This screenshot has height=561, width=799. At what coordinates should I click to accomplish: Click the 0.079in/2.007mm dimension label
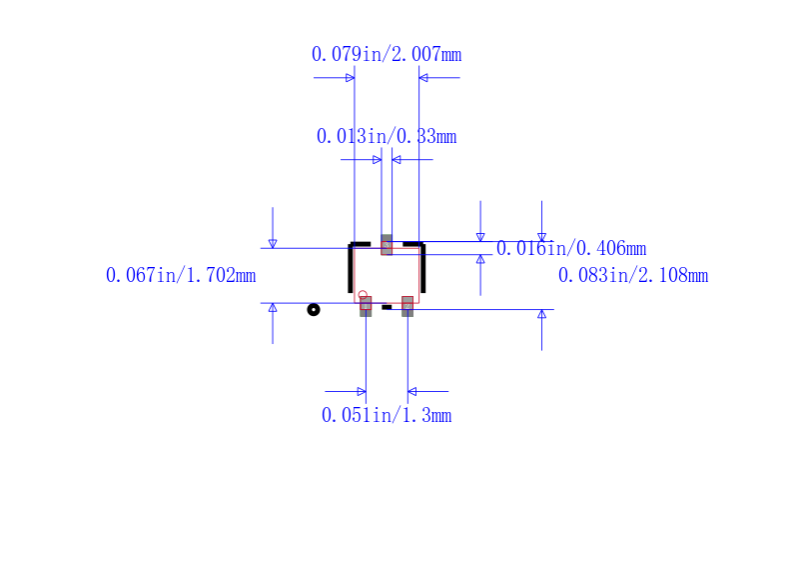pos(387,54)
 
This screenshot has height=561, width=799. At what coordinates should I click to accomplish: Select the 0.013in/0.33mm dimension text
pos(387,136)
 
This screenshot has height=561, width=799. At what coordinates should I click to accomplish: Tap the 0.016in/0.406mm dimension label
pos(571,248)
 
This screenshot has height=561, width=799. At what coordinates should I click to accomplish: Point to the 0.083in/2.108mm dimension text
pos(633,275)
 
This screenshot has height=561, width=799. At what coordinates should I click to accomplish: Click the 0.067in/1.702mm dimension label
pos(181,275)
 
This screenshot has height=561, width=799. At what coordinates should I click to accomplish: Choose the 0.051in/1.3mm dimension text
pos(387,415)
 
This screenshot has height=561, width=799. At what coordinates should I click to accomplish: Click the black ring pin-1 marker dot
pos(314,310)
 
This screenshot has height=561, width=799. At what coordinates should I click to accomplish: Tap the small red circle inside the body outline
pos(363,294)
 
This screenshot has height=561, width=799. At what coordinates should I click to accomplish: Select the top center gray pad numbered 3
pos(387,245)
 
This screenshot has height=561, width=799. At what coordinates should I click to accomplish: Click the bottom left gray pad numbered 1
pos(366,307)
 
